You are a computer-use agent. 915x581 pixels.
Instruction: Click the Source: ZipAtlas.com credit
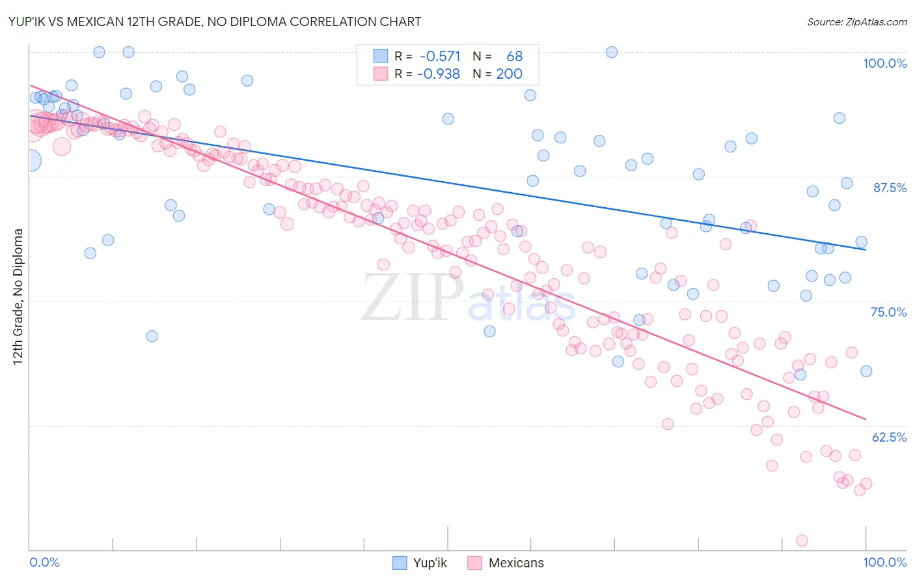[x=856, y=21]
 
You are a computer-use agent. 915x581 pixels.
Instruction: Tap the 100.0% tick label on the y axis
[x=884, y=63]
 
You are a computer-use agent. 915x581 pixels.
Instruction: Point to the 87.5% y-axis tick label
[x=889, y=188]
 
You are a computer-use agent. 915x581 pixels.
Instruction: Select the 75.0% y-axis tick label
[x=888, y=312]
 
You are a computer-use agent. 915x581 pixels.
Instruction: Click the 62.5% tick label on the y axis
[x=888, y=437]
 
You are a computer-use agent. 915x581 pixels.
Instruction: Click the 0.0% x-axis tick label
[x=44, y=562]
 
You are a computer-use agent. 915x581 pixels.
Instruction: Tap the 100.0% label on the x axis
[x=884, y=562]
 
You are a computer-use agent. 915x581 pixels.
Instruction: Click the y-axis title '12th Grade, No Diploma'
[x=18, y=296]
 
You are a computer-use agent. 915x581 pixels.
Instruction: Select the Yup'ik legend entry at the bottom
[x=430, y=563]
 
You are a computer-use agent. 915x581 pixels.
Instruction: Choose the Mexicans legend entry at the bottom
[x=515, y=563]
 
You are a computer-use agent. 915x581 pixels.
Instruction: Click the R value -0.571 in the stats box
[x=440, y=57]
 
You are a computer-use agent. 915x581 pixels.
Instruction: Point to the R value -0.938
[x=440, y=74]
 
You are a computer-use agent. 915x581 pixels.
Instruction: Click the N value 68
[x=514, y=57]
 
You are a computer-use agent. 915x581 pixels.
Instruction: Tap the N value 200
[x=509, y=74]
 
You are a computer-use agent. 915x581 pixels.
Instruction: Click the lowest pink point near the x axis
[x=802, y=541]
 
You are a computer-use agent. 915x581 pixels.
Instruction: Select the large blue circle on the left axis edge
[x=30, y=160]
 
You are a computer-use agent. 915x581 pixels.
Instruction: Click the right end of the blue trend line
[x=866, y=249]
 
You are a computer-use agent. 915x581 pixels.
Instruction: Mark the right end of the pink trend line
[x=866, y=419]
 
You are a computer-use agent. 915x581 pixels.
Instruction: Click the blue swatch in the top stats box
[x=381, y=57]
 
